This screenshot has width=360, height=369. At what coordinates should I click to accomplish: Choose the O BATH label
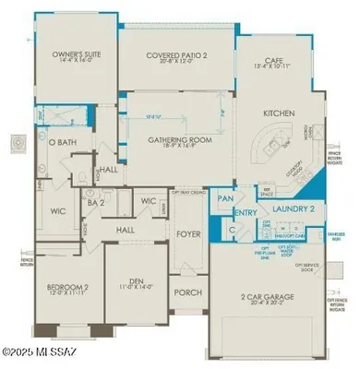tap(62, 142)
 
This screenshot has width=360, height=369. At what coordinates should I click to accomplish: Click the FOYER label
tap(188, 233)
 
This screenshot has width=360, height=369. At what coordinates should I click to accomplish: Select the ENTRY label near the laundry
tap(246, 213)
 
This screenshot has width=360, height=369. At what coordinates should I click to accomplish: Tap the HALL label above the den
tap(125, 231)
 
